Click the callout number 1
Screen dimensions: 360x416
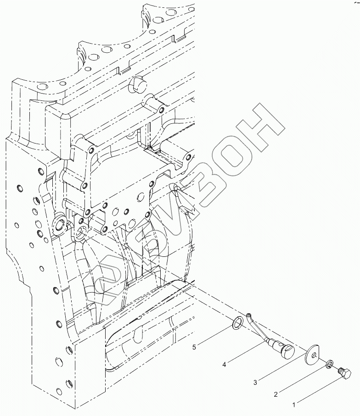[294, 405]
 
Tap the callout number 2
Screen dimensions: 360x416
[276, 394]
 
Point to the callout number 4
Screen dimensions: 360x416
[225, 365]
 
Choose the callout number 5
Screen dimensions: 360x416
[194, 348]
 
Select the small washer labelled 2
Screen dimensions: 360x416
[330, 365]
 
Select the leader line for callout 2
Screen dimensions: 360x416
[303, 380]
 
